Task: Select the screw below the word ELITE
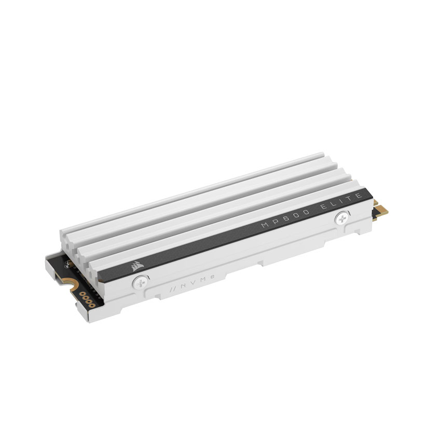click(342, 218)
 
